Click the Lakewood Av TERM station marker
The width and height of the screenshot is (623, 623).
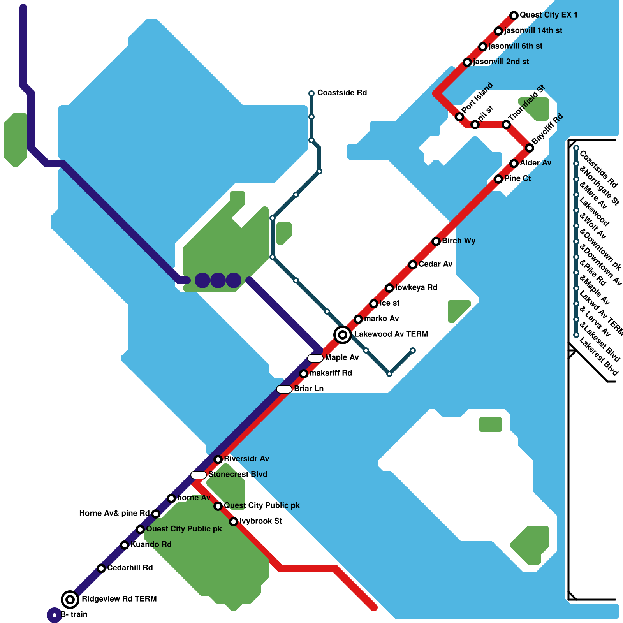click(x=343, y=334)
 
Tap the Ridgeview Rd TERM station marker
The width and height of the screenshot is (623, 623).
click(x=70, y=599)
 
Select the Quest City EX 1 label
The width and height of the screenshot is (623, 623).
click(x=548, y=15)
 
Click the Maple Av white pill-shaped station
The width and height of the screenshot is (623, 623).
click(x=315, y=358)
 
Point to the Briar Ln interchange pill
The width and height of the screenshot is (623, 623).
click(x=284, y=389)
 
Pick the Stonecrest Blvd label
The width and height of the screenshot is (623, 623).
click(x=238, y=474)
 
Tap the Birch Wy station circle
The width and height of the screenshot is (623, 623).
click(x=436, y=241)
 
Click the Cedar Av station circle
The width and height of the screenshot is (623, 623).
click(x=413, y=265)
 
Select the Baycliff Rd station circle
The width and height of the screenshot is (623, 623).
click(x=530, y=148)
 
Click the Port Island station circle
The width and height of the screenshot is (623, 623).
click(x=459, y=117)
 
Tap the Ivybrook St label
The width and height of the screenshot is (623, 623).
click(x=260, y=521)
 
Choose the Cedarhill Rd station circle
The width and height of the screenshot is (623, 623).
click(x=101, y=568)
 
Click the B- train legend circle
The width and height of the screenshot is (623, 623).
click(x=55, y=615)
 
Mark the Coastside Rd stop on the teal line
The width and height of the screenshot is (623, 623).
click(x=311, y=93)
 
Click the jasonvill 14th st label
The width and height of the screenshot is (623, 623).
click(x=533, y=31)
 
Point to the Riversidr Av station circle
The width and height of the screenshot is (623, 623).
click(x=218, y=459)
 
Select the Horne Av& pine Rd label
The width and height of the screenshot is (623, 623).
click(x=114, y=513)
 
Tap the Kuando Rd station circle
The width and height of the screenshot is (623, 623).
click(x=125, y=545)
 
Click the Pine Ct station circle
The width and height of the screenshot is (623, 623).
click(x=498, y=179)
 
